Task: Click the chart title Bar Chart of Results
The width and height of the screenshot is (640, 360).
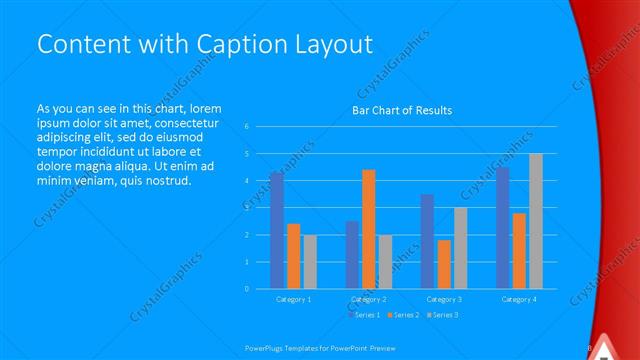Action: coord(402,110)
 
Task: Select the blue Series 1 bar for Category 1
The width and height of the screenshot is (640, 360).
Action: coord(276,230)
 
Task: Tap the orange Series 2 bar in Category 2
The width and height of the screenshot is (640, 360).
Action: coord(369,229)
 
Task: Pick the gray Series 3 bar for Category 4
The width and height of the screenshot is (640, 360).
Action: coord(536,221)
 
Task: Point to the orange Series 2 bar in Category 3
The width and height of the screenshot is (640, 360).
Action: coord(444,264)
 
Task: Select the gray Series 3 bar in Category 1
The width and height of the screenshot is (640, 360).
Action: coord(310,262)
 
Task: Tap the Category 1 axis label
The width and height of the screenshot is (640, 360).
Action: coord(293,299)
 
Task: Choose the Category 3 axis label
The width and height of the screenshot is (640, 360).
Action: coord(444,299)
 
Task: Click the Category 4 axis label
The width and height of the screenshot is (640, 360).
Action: coord(519,299)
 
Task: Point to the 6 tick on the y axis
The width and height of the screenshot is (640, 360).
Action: coord(247,127)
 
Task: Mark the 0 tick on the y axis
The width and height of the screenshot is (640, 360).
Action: coord(247,289)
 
